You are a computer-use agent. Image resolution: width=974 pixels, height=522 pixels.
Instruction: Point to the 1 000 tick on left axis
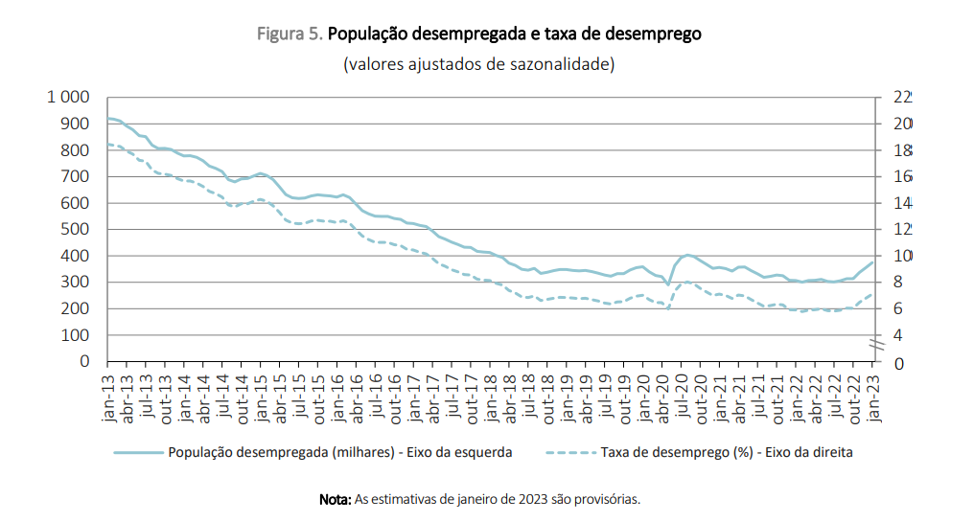pyautogui.click(x=68, y=98)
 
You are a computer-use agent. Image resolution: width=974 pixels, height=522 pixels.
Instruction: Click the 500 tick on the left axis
pyautogui.click(x=76, y=230)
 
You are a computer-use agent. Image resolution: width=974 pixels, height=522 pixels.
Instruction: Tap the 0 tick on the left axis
pyautogui.click(x=84, y=362)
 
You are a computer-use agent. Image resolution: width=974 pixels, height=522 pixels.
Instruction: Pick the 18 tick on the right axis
pyautogui.click(x=902, y=150)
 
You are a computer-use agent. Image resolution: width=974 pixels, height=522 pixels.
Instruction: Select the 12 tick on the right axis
pyautogui.click(x=902, y=230)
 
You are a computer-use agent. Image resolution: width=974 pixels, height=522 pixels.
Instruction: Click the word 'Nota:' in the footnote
pyautogui.click(x=336, y=499)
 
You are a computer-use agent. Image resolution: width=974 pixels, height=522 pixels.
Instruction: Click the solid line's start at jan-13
pyautogui.click(x=108, y=118)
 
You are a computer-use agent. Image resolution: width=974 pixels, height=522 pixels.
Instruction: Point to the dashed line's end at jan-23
pyautogui.click(x=872, y=294)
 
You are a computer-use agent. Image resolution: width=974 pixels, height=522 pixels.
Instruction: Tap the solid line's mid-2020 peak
pyautogui.click(x=686, y=255)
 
